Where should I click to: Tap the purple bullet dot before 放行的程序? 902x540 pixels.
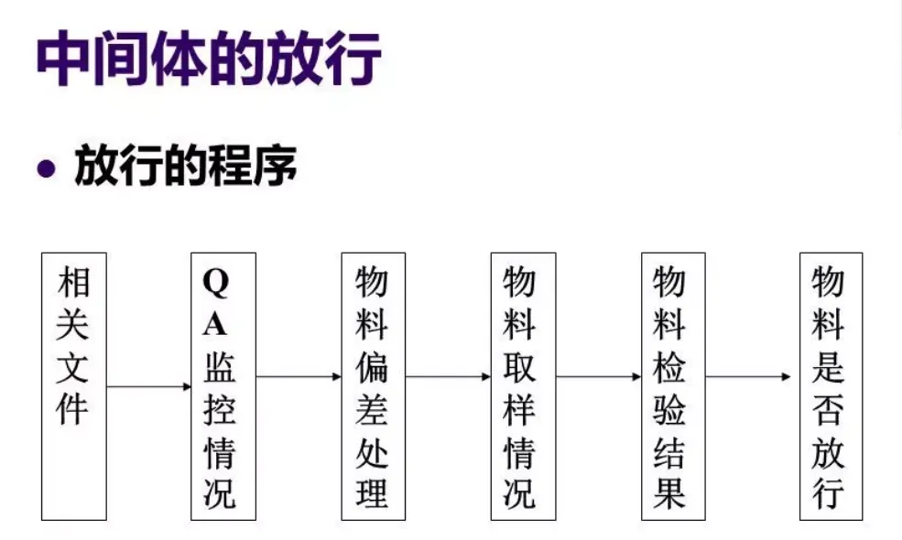click(45, 170)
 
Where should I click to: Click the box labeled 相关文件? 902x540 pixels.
click(74, 385)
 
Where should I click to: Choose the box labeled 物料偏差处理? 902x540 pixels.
click(371, 385)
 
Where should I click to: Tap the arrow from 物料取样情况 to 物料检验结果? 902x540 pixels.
click(598, 376)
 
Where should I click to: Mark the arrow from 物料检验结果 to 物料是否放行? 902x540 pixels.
click(749, 376)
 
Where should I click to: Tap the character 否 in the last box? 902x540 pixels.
click(828, 410)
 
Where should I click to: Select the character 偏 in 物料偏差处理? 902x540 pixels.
click(371, 366)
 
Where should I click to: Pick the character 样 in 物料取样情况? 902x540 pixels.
click(519, 410)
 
